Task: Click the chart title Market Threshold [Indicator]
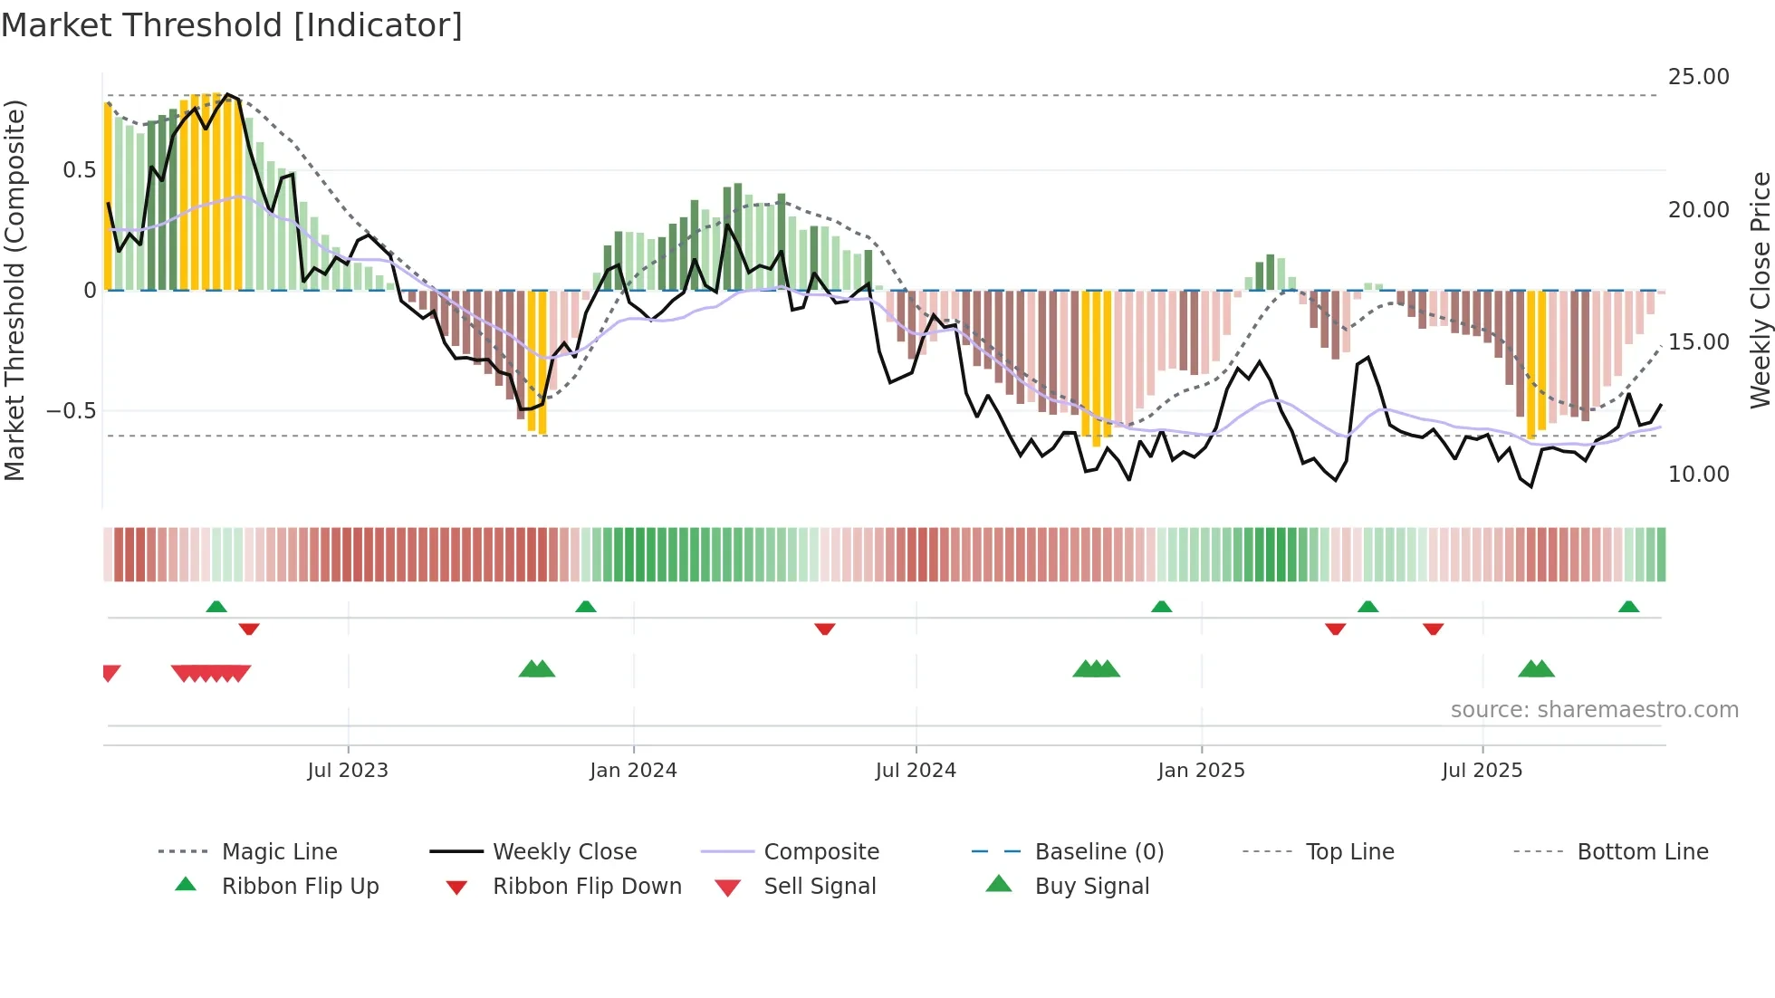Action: point(232,25)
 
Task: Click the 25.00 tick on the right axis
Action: point(1698,77)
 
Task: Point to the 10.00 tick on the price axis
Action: point(1698,475)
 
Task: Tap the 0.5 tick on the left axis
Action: point(80,170)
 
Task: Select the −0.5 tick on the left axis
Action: point(72,411)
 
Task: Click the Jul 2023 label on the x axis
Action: point(348,771)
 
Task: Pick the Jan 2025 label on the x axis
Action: point(1201,771)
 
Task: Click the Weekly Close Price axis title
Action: point(1760,290)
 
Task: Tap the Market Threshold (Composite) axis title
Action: point(14,290)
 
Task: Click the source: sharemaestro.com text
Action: point(1594,710)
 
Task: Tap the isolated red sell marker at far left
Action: point(110,672)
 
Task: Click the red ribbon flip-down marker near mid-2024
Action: point(824,629)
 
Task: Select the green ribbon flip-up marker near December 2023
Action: point(586,607)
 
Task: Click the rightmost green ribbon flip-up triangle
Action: point(1628,607)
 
